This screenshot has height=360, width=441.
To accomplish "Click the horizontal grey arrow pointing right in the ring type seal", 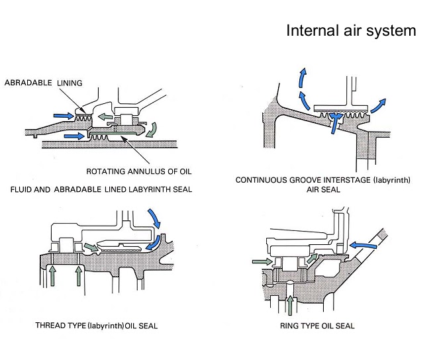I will [x=263, y=262].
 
